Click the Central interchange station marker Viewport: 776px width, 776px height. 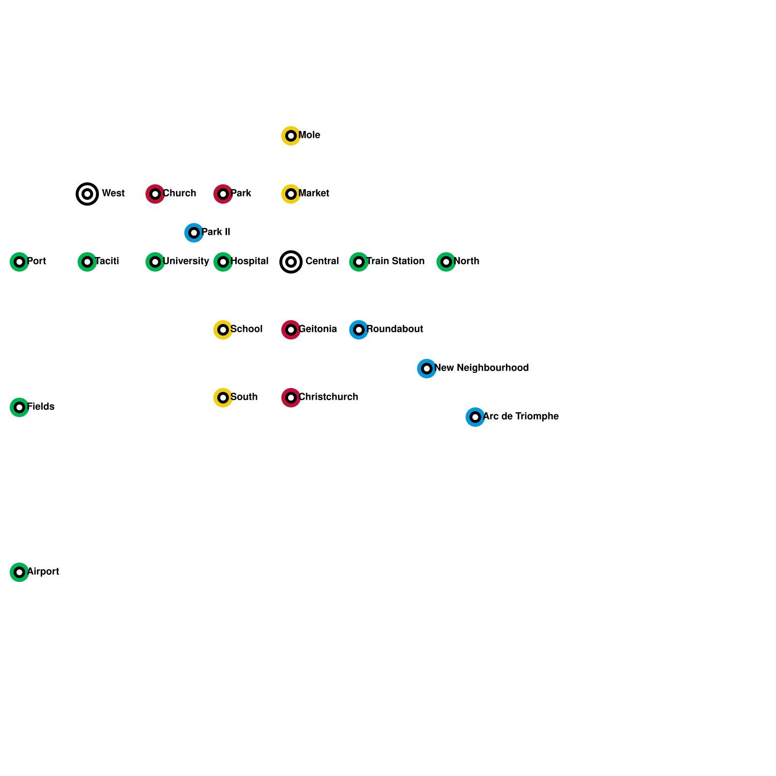tap(291, 262)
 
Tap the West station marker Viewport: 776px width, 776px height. tap(87, 194)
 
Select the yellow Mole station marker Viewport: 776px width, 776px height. tap(291, 136)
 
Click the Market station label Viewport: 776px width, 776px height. tap(314, 194)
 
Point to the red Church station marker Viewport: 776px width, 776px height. tap(155, 194)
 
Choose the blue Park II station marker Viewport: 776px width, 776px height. tap(194, 233)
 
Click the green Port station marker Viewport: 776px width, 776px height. tap(19, 262)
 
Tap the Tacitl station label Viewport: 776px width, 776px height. tap(107, 261)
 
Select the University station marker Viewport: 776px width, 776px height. tap(155, 262)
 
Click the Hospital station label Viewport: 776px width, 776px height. tap(249, 261)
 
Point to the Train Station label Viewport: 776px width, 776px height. tap(395, 261)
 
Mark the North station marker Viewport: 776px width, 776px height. tap(446, 262)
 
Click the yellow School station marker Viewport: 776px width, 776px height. tap(223, 330)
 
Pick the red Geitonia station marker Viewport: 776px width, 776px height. tap(291, 330)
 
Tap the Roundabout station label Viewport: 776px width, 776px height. tap(395, 329)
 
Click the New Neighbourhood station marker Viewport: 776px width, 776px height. tap(427, 369)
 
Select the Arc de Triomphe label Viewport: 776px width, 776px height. tap(521, 417)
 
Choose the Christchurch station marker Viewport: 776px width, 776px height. tap(291, 398)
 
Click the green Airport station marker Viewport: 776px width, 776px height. tap(19, 572)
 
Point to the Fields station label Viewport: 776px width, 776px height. tap(41, 407)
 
